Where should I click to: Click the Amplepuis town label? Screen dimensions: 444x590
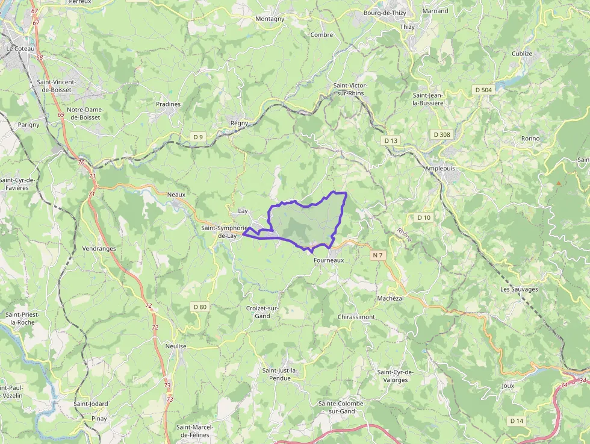tap(442, 169)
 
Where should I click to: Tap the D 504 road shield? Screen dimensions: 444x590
tap(483, 90)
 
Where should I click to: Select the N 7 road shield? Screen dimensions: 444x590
tap(377, 255)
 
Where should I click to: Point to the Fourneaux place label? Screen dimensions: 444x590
tap(329, 260)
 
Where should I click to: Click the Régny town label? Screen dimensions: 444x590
tap(239, 124)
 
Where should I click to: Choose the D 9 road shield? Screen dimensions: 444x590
tap(198, 137)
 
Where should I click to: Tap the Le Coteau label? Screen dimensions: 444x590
tap(20, 48)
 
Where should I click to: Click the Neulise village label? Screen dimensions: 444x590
tap(176, 346)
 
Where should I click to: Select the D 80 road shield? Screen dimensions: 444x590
tap(200, 307)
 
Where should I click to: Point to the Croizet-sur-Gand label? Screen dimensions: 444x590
tap(262, 312)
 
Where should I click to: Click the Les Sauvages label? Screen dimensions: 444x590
tap(519, 289)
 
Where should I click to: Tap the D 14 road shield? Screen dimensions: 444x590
tap(517, 421)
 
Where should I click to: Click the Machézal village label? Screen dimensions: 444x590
tap(391, 298)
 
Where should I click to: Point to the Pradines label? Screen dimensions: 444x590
tap(168, 104)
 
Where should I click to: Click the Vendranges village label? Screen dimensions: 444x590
tap(99, 248)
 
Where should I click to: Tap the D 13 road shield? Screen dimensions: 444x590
tap(391, 140)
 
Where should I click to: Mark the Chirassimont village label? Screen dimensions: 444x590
tap(356, 317)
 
